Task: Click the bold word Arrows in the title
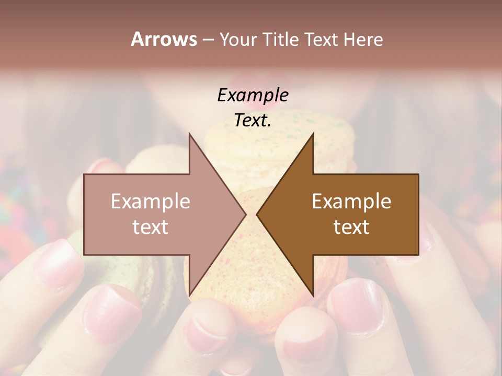[163, 39]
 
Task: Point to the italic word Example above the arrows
[253, 96]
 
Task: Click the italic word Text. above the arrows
[253, 121]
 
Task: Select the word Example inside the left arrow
[151, 202]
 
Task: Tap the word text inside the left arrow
[151, 227]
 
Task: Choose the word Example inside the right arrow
[351, 202]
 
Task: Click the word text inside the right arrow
[351, 227]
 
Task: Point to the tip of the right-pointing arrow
[246, 215]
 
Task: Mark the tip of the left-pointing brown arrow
[257, 215]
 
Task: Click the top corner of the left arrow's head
[189, 134]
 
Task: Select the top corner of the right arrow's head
[313, 134]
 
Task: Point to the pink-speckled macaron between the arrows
[251, 261]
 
